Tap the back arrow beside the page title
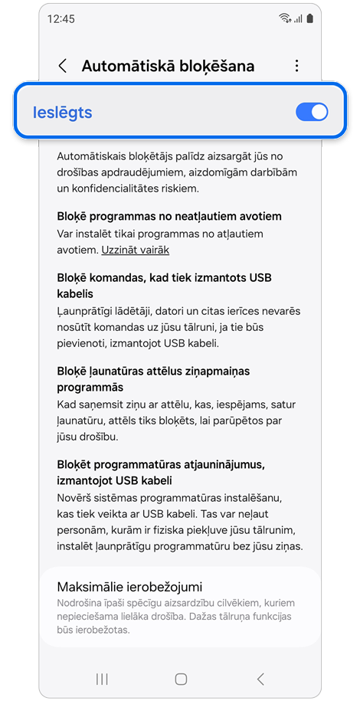63,66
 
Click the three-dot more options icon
297,66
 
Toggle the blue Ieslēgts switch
311,112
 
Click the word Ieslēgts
63,113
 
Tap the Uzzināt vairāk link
136,250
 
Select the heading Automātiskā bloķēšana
168,66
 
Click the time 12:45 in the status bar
61,18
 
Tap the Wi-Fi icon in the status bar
286,18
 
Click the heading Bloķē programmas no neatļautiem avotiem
169,216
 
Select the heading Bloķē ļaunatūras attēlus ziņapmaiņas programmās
153,379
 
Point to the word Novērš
76,498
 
